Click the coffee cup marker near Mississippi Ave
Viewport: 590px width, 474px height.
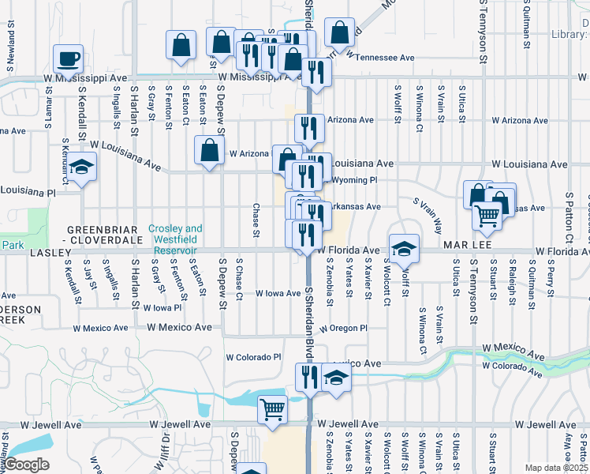[68, 58]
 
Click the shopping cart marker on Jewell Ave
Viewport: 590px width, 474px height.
[272, 410]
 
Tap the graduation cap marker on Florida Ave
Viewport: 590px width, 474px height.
[404, 248]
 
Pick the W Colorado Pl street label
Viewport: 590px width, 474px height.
[253, 357]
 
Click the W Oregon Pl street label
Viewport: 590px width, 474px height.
[344, 328]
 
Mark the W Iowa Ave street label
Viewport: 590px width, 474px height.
[278, 293]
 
